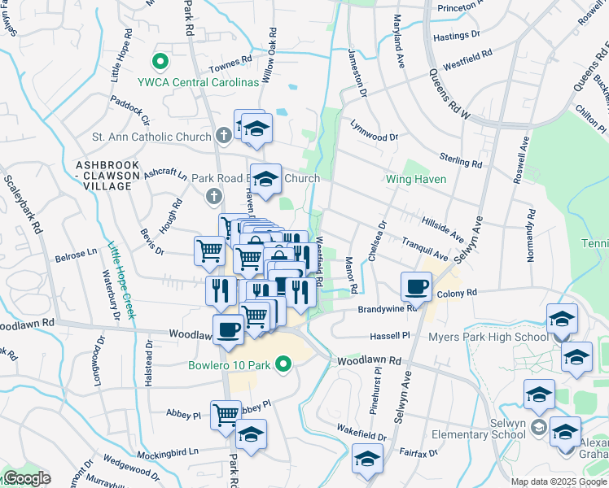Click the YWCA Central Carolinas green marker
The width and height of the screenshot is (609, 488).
click(x=160, y=61)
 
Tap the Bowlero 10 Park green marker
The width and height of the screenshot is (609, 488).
click(x=283, y=364)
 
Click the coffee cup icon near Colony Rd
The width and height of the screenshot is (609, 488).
click(x=416, y=285)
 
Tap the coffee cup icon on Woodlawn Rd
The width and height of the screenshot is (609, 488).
click(x=227, y=329)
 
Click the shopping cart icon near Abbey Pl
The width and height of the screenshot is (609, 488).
click(x=226, y=413)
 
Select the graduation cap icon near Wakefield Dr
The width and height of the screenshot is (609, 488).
click(x=367, y=459)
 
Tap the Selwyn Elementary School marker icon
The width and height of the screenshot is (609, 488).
click(x=537, y=427)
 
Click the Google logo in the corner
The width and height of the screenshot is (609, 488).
click(x=26, y=478)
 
